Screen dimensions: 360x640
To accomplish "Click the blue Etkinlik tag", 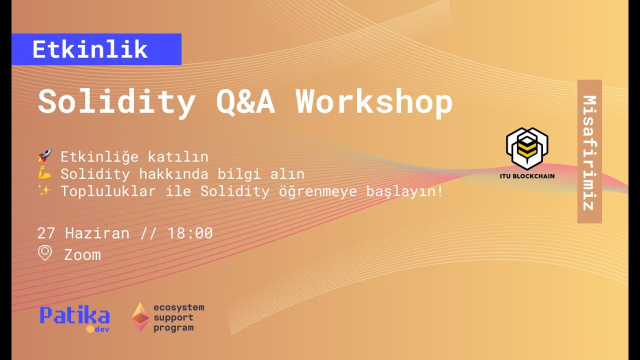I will (x=96, y=49).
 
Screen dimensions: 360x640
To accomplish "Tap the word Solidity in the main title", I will (x=116, y=102).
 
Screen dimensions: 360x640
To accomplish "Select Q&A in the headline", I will (x=245, y=102).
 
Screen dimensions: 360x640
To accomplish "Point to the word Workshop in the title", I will (x=374, y=102).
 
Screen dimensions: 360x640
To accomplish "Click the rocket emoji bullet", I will (x=45, y=157).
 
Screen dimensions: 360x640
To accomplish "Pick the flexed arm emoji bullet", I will (x=45, y=174).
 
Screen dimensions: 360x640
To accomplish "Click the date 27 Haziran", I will (x=83, y=233).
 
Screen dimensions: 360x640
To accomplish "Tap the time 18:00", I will (x=190, y=233).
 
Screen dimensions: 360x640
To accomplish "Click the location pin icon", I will (x=45, y=253).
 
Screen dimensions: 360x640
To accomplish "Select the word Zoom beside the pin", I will (x=82, y=255).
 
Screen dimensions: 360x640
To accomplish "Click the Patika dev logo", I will (x=75, y=319).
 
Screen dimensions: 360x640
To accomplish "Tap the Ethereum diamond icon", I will (x=140, y=317).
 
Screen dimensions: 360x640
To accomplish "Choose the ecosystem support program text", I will (x=178, y=317).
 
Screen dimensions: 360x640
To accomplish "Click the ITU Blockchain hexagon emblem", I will (x=527, y=148).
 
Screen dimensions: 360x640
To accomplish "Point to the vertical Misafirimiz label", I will (x=589, y=151).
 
